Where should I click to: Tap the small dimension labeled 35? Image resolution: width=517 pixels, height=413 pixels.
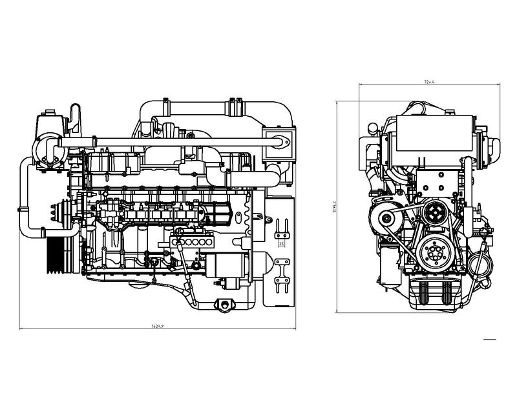point(281,245)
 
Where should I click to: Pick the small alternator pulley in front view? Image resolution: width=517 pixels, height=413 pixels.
point(386,220)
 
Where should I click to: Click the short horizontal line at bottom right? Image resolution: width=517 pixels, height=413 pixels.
point(489,338)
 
